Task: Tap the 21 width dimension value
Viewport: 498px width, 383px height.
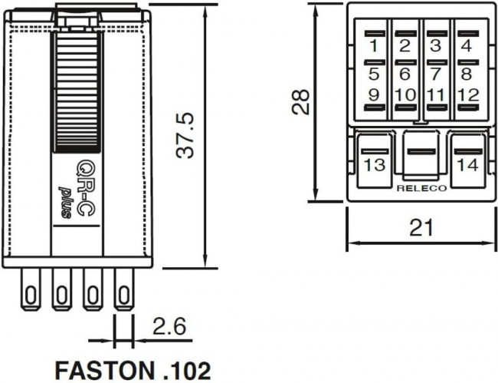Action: pyautogui.click(x=420, y=227)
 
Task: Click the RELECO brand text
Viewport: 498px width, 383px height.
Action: pyautogui.click(x=420, y=187)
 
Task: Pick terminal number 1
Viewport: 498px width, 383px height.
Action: pyautogui.click(x=374, y=45)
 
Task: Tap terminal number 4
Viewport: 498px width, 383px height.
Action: pyautogui.click(x=466, y=45)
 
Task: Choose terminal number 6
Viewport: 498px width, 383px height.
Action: pyautogui.click(x=405, y=74)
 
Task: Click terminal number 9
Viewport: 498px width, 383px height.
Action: pyautogui.click(x=374, y=95)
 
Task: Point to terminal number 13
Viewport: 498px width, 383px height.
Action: pyautogui.click(x=375, y=165)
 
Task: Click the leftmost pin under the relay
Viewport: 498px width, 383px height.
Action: pyautogui.click(x=31, y=294)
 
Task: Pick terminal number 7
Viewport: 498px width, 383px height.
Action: pyautogui.click(x=435, y=74)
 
